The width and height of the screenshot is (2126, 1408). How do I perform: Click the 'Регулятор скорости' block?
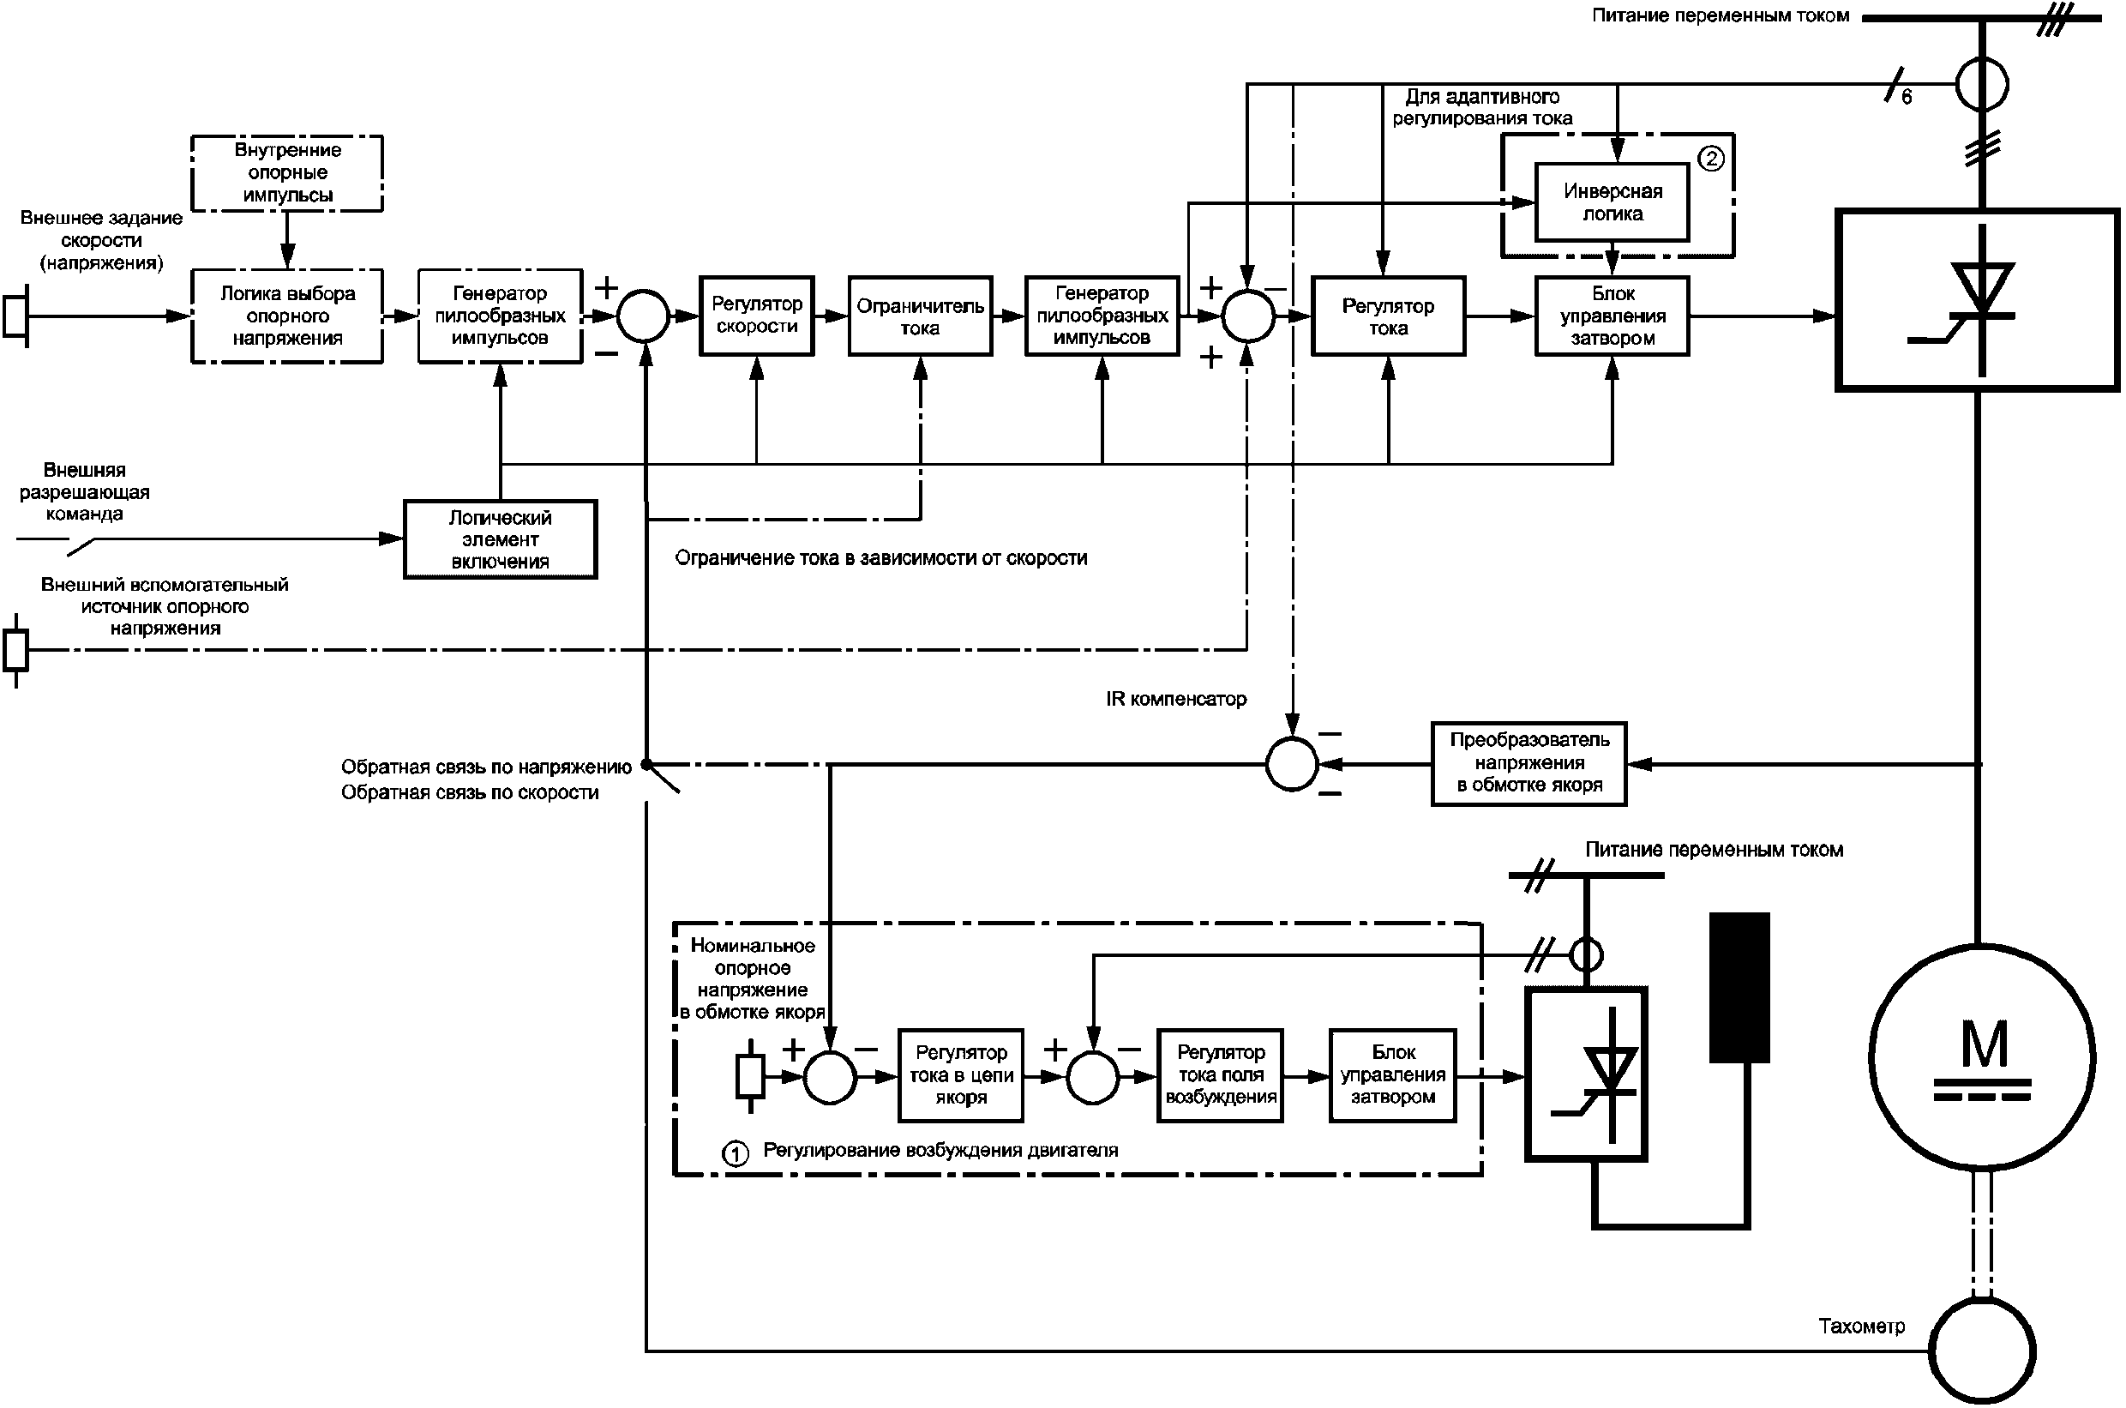tap(756, 316)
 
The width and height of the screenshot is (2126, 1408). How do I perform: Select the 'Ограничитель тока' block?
tap(919, 316)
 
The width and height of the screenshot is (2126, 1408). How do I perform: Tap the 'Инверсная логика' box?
tap(1612, 202)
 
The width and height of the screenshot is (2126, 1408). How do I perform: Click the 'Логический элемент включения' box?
tap(500, 539)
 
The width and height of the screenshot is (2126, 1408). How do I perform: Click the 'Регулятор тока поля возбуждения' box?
tap(1220, 1074)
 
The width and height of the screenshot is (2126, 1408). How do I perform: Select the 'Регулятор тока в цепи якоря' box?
tap(961, 1074)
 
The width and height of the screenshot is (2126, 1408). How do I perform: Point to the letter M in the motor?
tap(1982, 1045)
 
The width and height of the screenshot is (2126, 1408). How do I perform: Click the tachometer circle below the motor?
tap(1981, 1351)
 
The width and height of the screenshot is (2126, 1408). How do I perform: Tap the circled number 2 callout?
tap(1711, 159)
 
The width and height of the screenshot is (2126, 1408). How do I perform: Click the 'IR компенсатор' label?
tap(1175, 700)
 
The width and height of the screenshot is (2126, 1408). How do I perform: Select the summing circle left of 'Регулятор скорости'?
tap(644, 316)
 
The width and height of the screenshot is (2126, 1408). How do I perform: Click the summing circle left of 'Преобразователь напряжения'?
tap(1291, 764)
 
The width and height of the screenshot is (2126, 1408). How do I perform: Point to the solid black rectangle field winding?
tap(1739, 988)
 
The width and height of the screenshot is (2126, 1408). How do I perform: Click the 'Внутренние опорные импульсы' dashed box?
tap(287, 173)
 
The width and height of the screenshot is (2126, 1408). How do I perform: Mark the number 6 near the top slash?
tap(1906, 97)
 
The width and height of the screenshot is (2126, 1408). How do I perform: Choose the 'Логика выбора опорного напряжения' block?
tap(287, 316)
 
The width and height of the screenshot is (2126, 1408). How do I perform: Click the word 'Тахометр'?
tap(1861, 1327)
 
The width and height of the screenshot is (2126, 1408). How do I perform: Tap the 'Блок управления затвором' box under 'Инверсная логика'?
tap(1612, 316)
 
